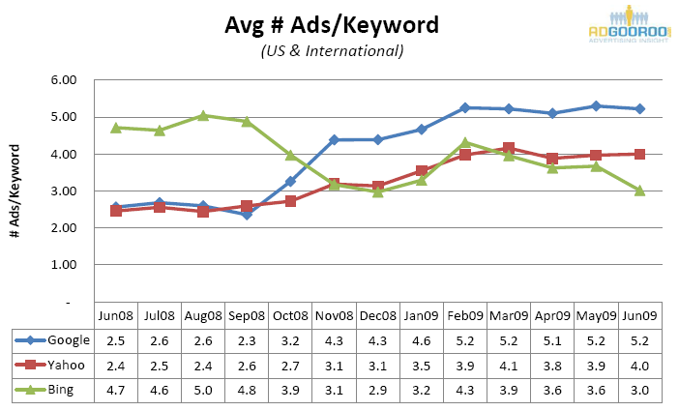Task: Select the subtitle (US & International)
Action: (332, 50)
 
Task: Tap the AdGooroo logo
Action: (630, 25)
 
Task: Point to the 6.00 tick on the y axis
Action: (63, 80)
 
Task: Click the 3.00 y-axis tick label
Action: (63, 191)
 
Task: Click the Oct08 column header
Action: (289, 315)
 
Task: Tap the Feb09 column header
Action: (465, 315)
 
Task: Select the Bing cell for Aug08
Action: (203, 390)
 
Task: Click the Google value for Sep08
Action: (247, 339)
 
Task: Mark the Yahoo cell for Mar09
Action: (509, 365)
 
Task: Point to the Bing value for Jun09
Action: (639, 390)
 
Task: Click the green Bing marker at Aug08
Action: (203, 116)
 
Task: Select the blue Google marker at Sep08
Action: (247, 215)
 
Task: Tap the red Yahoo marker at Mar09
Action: (509, 149)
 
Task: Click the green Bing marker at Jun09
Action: (639, 191)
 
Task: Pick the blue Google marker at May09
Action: (596, 106)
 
